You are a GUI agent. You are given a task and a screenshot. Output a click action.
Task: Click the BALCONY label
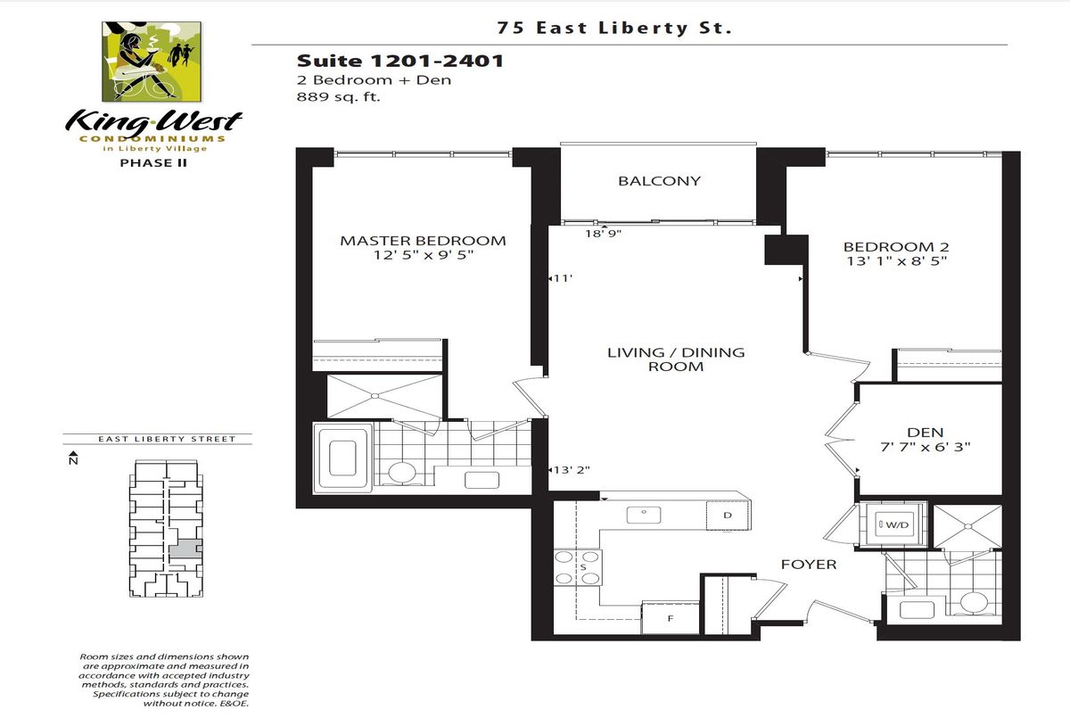point(659,181)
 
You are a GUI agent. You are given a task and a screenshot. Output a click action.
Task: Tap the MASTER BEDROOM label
point(423,241)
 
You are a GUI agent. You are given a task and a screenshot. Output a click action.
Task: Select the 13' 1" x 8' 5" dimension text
point(897,261)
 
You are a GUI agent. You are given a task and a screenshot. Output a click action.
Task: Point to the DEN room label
point(925,433)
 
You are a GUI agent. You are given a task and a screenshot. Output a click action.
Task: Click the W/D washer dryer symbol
point(893,524)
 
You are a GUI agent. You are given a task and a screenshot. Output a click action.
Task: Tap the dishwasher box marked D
point(728,515)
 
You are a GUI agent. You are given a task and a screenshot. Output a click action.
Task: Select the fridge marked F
point(671,618)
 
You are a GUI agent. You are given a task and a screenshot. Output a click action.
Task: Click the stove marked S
point(578,567)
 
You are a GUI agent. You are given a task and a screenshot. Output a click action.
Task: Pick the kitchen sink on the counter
point(644,515)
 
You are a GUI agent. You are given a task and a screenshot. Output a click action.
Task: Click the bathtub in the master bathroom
point(342,458)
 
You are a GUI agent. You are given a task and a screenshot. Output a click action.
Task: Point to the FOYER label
point(809,565)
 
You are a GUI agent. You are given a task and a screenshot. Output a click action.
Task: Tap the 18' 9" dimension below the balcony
point(604,234)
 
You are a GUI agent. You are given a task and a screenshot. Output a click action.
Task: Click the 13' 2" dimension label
point(572,470)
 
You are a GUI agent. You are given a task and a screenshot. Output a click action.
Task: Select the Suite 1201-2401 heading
point(400,62)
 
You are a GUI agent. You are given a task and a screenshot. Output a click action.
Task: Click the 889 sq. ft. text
point(338,97)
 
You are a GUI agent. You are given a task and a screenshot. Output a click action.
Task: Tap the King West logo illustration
point(152,62)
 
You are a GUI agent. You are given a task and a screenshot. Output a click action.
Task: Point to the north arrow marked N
point(73,458)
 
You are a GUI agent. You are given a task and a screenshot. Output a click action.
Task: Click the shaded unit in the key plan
point(185,549)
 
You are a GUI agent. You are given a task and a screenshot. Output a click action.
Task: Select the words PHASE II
point(153,163)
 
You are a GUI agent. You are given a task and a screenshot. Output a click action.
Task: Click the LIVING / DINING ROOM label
point(676,359)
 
